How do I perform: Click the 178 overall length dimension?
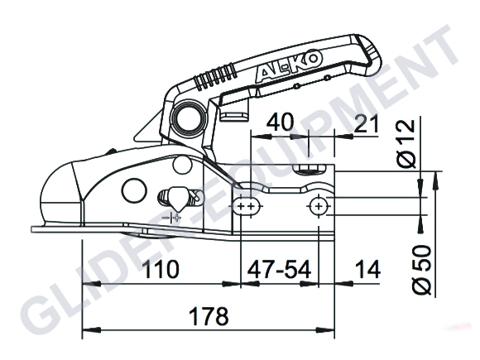pyautogui.click(x=205, y=318)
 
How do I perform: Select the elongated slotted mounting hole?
pyautogui.click(x=246, y=204)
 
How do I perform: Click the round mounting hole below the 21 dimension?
pyautogui.click(x=319, y=204)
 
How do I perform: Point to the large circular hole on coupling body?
pyautogui.click(x=132, y=190)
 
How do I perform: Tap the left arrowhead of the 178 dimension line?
pyautogui.click(x=87, y=338)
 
